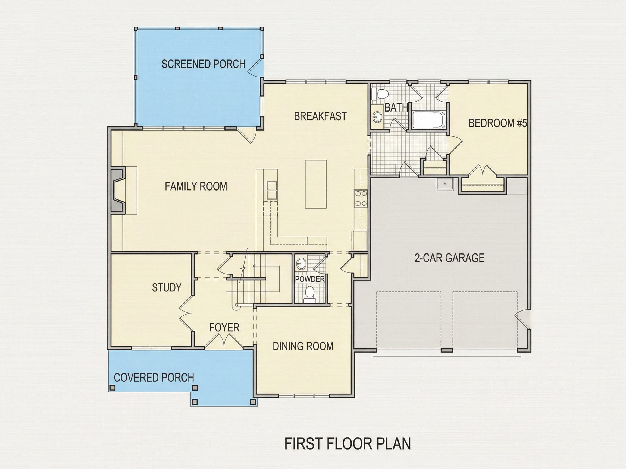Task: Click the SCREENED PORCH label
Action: tap(203, 64)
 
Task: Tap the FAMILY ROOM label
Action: tap(196, 186)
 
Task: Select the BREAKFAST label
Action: tap(320, 116)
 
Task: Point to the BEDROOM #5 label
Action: tap(498, 123)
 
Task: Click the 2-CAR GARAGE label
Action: tap(449, 258)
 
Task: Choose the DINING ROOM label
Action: tap(303, 346)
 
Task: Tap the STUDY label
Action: tap(166, 287)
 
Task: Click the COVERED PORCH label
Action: tap(154, 378)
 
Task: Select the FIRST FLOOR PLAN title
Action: tap(348, 443)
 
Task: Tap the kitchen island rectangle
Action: tap(316, 184)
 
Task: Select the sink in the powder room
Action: tap(301, 264)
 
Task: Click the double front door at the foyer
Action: tap(224, 341)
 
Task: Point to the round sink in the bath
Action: tap(377, 116)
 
